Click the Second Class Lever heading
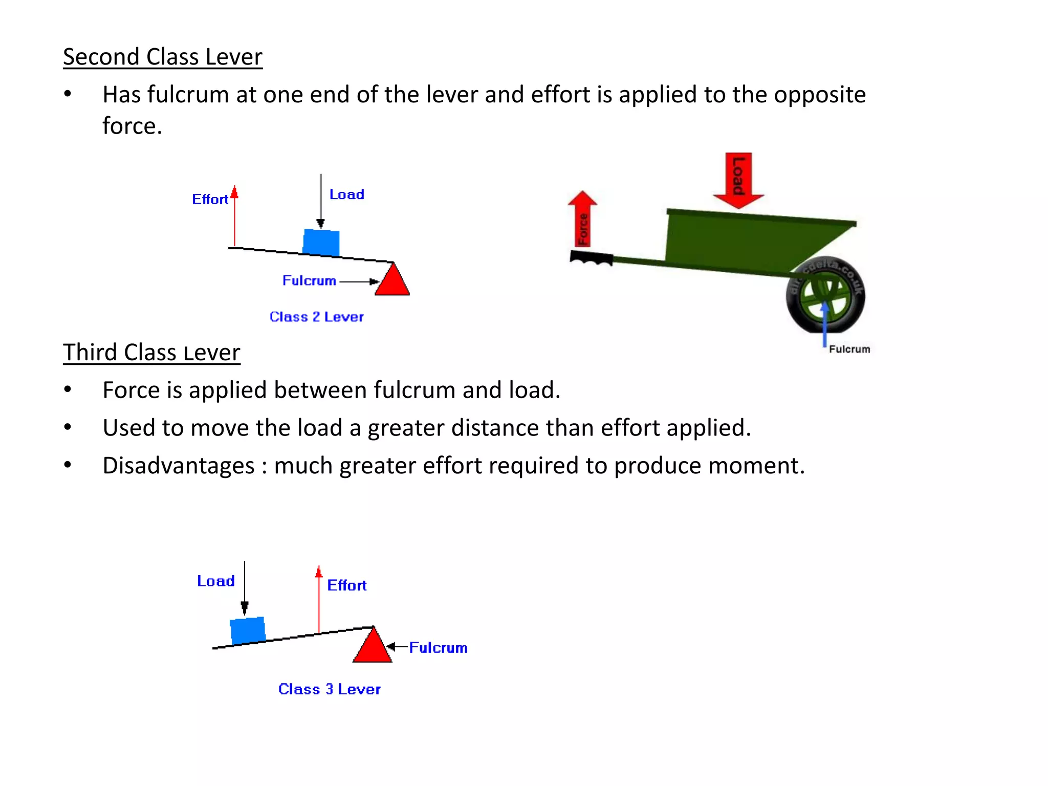coord(162,57)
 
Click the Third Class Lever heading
coord(151,353)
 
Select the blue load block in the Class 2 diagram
coord(321,242)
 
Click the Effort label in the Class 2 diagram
coord(210,199)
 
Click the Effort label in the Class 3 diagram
coord(347,585)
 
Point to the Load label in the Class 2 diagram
coord(347,194)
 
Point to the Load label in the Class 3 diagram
coord(216,581)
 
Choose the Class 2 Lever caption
coord(316,317)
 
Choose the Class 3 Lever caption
coord(330,689)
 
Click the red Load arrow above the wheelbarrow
coord(738,179)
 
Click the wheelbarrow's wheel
coord(825,295)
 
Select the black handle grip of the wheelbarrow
coord(592,257)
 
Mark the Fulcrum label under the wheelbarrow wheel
coord(849,350)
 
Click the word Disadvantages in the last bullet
coord(179,466)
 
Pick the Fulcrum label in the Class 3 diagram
coord(439,648)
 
